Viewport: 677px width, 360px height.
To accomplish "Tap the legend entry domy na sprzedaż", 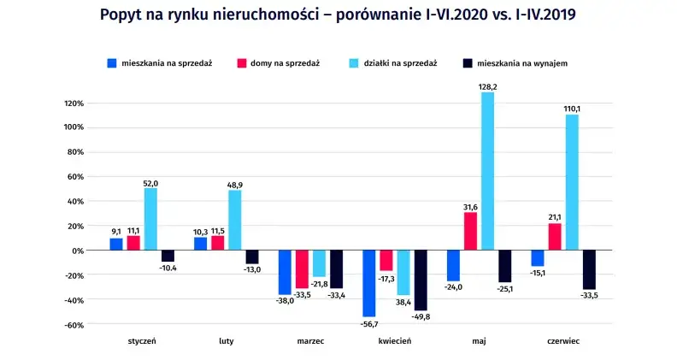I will (278, 63).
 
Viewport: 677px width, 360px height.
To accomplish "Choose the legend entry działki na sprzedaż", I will (395, 63).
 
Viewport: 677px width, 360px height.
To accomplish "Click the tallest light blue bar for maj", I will (487, 171).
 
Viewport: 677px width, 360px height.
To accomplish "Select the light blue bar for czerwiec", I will (572, 182).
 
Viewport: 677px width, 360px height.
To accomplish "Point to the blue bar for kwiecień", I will (369, 284).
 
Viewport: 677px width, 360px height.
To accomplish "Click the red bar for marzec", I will (302, 269).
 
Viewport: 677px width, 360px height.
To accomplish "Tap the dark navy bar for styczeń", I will (168, 256).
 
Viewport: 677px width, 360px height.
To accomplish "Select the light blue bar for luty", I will (234, 220).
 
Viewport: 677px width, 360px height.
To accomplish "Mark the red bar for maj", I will (470, 231).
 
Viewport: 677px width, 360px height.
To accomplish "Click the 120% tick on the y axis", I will (73, 103).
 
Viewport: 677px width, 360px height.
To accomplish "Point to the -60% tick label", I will (72, 325).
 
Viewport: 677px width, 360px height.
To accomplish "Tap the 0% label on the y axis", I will (77, 251).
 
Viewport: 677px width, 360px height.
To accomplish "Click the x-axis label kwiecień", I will (395, 340).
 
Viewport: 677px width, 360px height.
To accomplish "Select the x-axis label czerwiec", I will (563, 340).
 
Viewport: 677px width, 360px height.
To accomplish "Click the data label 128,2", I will (487, 86).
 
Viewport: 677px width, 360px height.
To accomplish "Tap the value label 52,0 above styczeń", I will (150, 182).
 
